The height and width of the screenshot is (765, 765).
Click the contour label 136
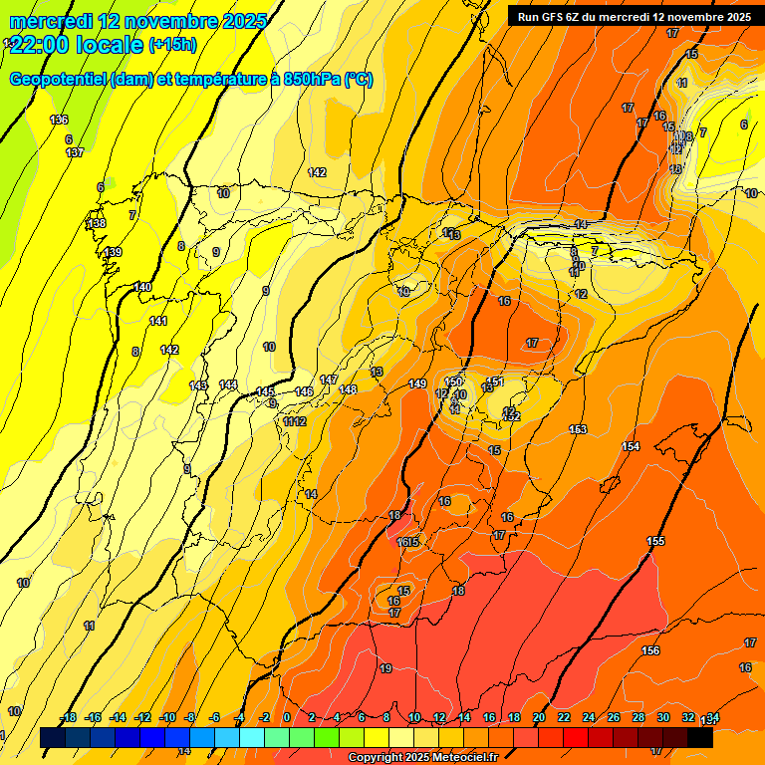pos(59,120)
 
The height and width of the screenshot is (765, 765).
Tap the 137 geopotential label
pos(75,152)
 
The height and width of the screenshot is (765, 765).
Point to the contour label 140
pos(142,287)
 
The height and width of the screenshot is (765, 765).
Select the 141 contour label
pos(158,321)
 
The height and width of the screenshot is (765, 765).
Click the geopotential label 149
pos(417,383)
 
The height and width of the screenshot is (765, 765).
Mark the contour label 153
pos(578,429)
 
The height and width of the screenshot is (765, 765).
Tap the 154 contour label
pos(631,446)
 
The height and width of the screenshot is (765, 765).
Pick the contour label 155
pos(655,541)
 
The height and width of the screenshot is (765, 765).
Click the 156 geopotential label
pos(650,650)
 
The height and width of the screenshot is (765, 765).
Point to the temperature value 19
pos(386,668)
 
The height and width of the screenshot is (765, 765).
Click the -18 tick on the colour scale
pos(68,717)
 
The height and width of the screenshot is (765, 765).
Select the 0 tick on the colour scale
pos(287,717)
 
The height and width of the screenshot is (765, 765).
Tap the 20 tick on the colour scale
pos(539,717)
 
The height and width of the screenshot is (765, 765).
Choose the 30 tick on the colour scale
pos(663,717)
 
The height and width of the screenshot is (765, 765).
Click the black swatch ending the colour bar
pos(700,737)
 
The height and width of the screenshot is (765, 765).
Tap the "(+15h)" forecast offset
pos(172,44)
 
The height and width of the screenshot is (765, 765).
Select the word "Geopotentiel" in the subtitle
pos(57,80)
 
